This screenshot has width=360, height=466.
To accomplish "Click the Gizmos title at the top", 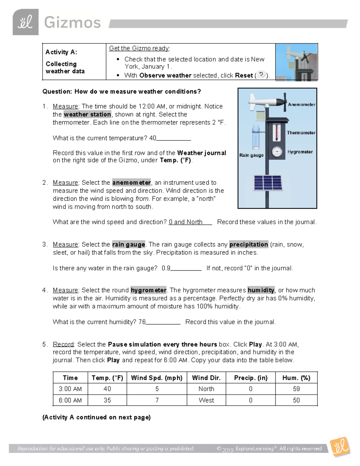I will click(x=72, y=23).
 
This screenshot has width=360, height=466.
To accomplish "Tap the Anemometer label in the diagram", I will click(x=301, y=104).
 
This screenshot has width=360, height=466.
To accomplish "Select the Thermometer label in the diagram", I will click(x=301, y=133).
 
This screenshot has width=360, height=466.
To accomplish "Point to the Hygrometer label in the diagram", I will click(x=300, y=152).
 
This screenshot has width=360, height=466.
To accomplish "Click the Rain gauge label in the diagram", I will click(x=251, y=155).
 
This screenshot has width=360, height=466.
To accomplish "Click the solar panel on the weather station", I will click(x=268, y=183).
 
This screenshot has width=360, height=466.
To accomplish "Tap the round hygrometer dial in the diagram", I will click(x=277, y=152).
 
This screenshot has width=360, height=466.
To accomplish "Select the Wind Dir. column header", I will click(x=206, y=378).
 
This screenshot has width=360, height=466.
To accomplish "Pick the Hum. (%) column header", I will click(x=296, y=378).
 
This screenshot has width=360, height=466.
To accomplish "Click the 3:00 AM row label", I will click(x=70, y=389).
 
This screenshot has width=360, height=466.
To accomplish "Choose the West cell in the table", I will click(x=206, y=400).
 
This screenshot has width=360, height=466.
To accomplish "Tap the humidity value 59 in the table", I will click(x=296, y=389).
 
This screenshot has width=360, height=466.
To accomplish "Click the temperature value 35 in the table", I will click(x=107, y=400).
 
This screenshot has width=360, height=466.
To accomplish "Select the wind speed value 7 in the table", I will click(x=157, y=400).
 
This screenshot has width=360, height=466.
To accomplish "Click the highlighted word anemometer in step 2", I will click(x=131, y=182).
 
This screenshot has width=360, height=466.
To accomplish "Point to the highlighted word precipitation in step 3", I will click(x=248, y=244).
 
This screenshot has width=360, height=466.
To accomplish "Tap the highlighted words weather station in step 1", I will click(x=87, y=114).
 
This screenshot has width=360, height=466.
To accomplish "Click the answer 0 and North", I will click(x=185, y=222).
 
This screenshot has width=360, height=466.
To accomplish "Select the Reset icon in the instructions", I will click(x=261, y=74).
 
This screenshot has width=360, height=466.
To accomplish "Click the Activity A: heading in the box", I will click(x=61, y=52).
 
